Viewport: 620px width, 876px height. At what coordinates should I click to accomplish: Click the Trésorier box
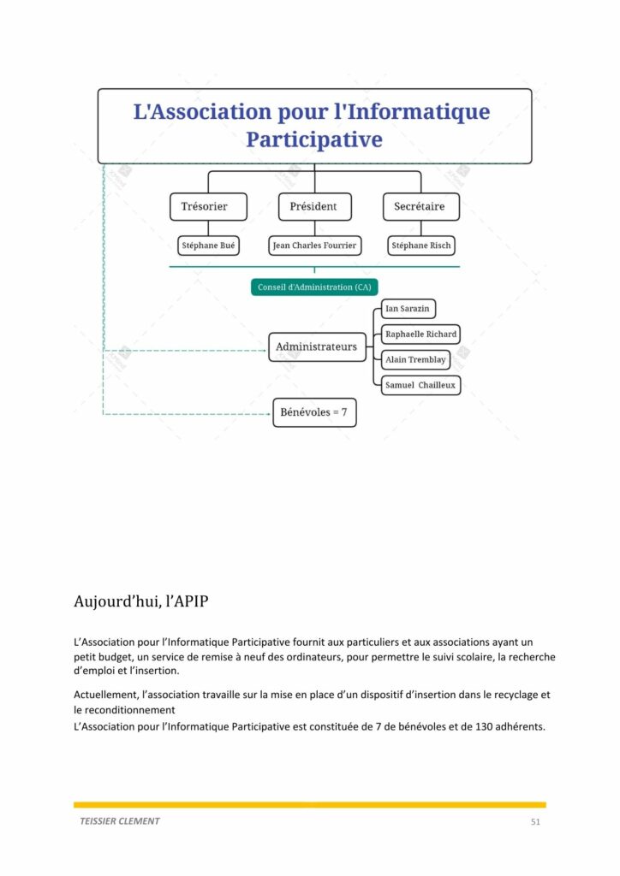click(209, 207)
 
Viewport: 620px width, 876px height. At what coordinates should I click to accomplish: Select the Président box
click(315, 207)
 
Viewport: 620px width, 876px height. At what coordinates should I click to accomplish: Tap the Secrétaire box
click(421, 207)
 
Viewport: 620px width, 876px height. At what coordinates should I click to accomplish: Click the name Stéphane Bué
click(209, 246)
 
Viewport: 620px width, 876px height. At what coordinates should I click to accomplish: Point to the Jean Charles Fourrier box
click(315, 246)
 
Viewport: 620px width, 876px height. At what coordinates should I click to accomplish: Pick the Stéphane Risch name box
click(421, 246)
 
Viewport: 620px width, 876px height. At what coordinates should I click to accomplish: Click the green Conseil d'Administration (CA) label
click(314, 287)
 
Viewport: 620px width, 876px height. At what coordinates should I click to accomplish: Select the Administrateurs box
click(317, 347)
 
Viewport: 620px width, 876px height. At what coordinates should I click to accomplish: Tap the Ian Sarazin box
click(408, 309)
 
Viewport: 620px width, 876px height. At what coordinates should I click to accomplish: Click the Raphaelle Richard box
click(421, 334)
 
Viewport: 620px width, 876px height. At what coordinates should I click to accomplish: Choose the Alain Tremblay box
click(415, 360)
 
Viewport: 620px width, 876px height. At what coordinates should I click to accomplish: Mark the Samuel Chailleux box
click(421, 386)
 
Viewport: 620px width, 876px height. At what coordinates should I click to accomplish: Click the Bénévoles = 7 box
click(314, 412)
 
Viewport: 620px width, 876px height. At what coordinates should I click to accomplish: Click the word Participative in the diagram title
click(314, 139)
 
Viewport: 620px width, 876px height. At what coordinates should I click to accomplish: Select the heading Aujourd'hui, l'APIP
click(141, 601)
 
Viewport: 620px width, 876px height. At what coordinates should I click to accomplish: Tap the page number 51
click(535, 822)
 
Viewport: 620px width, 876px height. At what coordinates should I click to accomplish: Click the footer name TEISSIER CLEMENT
click(120, 821)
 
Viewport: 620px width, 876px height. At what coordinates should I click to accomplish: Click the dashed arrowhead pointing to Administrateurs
click(265, 350)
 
